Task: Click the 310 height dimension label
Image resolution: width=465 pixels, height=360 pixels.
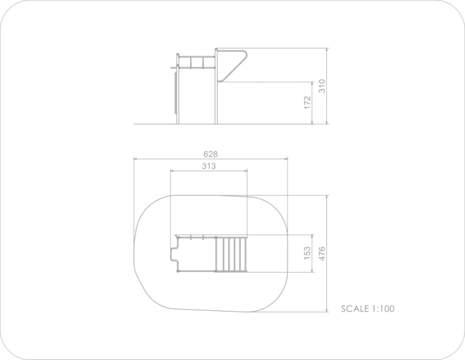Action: pos(322,86)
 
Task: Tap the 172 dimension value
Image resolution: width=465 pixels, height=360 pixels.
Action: pos(308,102)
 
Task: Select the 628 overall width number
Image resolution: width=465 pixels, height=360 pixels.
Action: pos(211,154)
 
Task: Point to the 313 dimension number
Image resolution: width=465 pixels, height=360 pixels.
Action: pos(209,166)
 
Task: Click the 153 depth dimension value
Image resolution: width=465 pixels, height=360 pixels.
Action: pos(308,253)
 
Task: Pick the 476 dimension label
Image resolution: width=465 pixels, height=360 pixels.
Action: pos(322,254)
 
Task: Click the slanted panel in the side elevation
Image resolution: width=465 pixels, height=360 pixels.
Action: pos(232,66)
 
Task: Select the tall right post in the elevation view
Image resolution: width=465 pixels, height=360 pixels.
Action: pos(216,86)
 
